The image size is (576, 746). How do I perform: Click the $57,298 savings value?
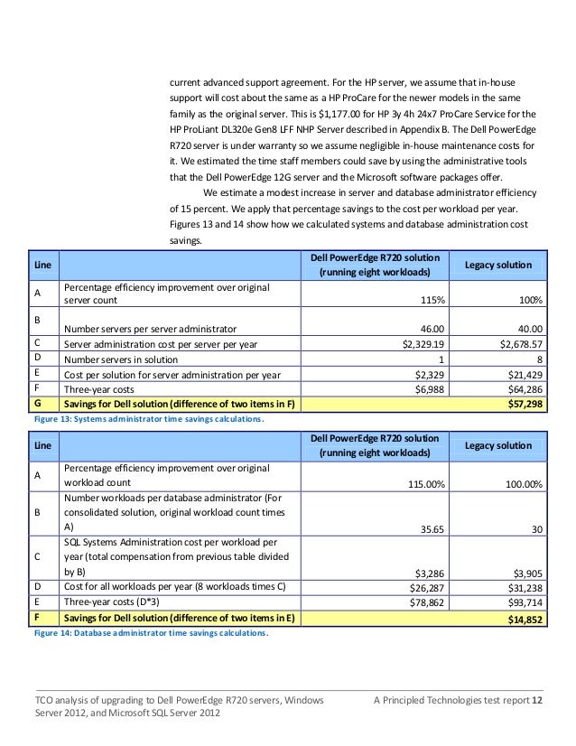coord(524,404)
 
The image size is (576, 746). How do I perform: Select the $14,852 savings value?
coord(524,618)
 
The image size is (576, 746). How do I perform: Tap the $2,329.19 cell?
coord(424,343)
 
